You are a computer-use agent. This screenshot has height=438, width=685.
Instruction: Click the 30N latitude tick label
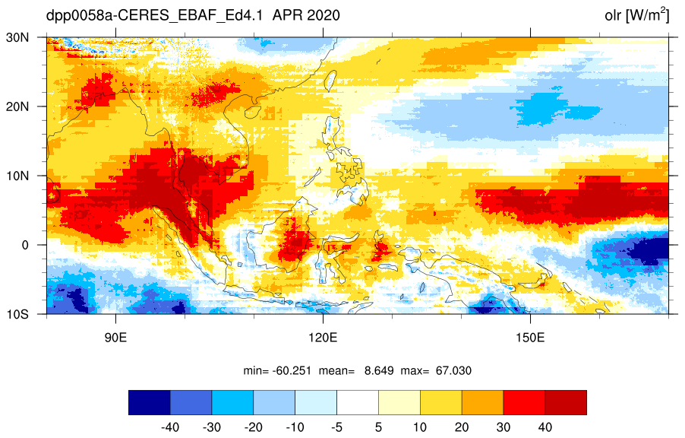(17, 37)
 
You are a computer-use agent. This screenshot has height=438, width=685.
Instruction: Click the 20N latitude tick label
(17, 106)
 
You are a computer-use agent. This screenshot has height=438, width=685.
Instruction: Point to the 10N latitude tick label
(17, 176)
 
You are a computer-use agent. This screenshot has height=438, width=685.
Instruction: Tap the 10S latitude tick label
(17, 315)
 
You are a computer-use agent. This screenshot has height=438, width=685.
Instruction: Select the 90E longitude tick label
(115, 338)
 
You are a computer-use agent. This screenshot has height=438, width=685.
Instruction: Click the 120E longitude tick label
(323, 338)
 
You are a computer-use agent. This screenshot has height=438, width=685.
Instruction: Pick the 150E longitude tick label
(530, 338)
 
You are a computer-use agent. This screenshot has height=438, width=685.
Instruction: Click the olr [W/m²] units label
(636, 15)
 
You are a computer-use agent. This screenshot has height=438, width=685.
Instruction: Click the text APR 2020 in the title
(306, 15)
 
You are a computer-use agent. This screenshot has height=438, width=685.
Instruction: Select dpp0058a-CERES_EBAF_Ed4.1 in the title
(154, 16)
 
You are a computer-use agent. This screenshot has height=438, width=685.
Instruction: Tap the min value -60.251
(292, 371)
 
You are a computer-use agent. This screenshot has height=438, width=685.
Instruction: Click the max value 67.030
(453, 371)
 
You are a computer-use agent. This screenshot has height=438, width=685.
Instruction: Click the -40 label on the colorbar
(170, 427)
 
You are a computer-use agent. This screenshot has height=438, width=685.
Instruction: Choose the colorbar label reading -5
(336, 427)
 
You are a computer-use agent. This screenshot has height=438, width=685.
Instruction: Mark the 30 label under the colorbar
(503, 427)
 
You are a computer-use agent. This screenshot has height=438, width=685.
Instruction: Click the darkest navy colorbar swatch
(150, 402)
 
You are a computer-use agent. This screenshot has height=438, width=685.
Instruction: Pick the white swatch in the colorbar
(358, 402)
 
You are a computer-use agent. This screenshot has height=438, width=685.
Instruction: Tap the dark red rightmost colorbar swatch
(566, 402)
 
